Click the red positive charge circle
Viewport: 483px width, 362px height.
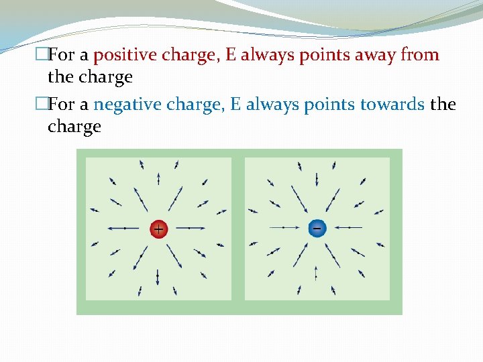coord(158,229)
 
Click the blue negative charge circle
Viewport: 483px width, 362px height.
coord(317,228)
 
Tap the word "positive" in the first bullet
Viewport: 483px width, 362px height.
coord(122,55)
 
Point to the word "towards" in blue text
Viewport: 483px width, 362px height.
coord(392,105)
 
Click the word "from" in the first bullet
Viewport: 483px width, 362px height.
coord(420,55)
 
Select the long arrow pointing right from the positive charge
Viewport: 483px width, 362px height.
coord(192,229)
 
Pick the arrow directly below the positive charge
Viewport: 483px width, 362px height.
coord(158,276)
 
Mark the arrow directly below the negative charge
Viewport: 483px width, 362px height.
coord(317,274)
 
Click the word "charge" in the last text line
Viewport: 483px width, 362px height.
coord(74,127)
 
